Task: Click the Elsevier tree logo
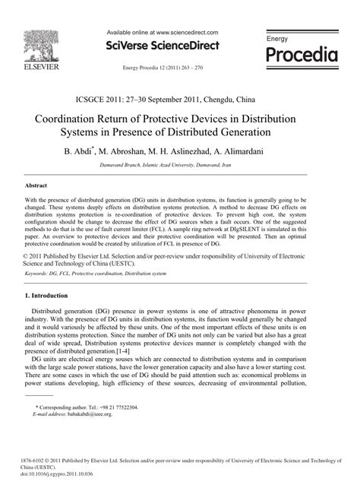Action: pyautogui.click(x=33, y=45)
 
